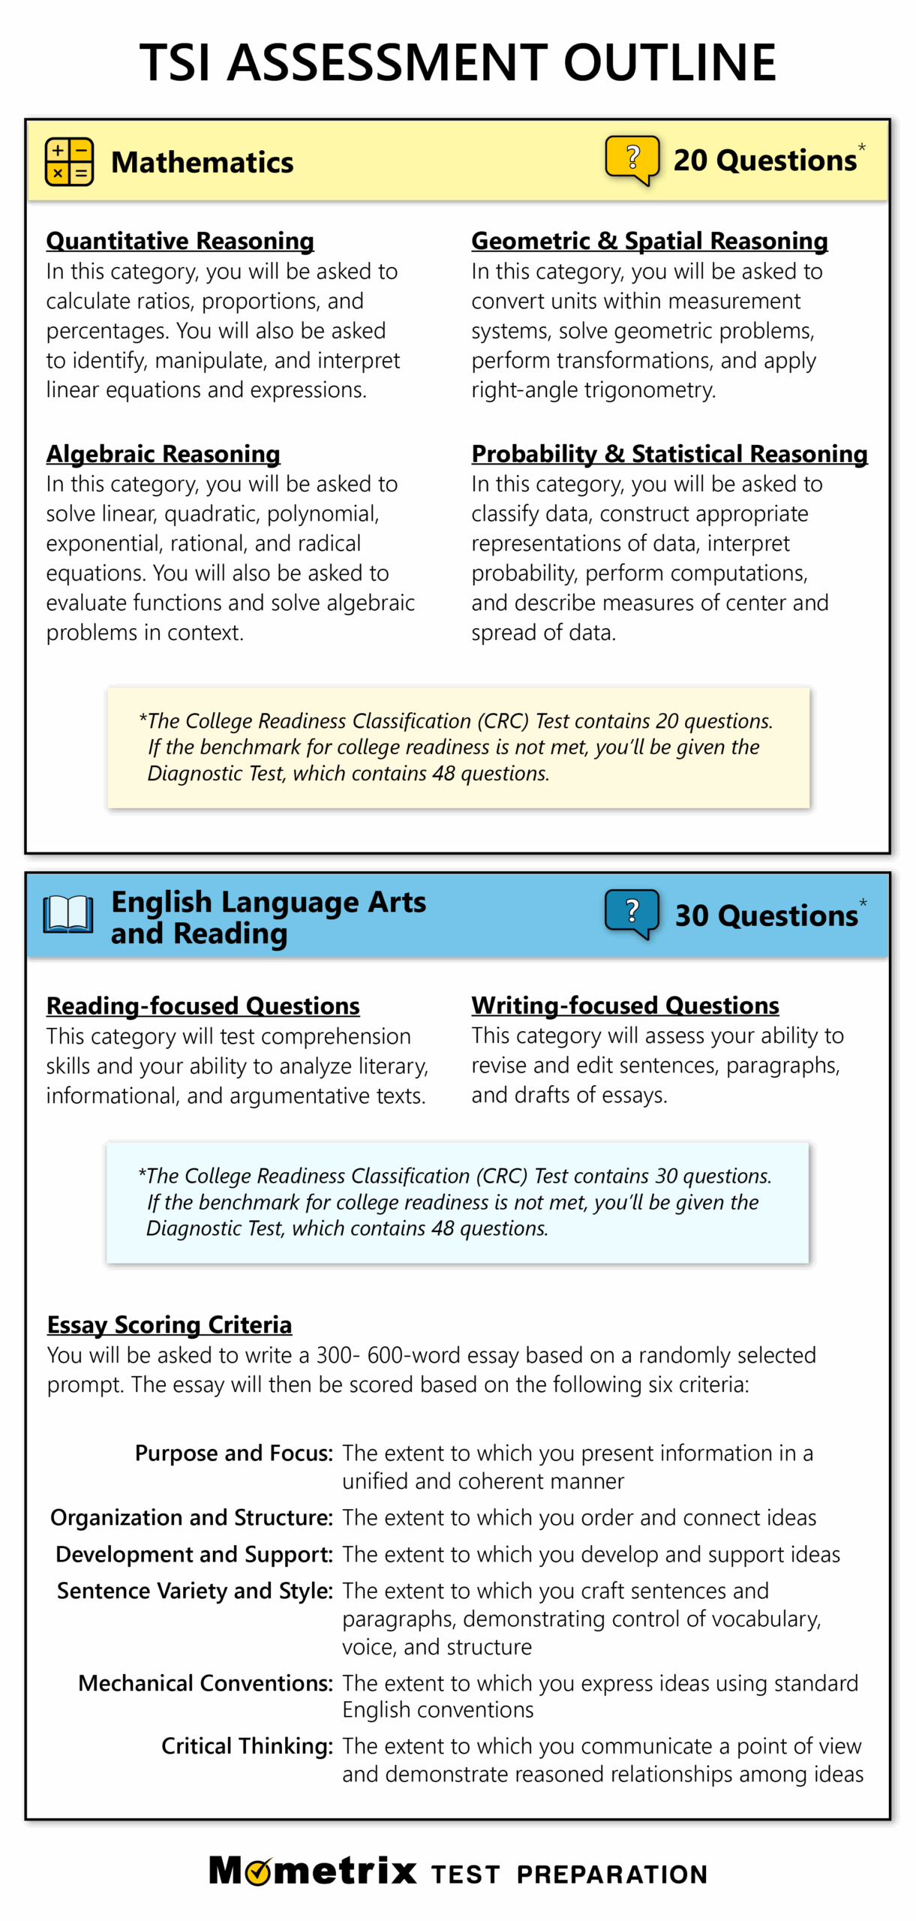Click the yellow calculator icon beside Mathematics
click(x=69, y=161)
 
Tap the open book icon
click(x=68, y=915)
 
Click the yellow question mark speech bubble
click(x=632, y=158)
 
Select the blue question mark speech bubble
click(x=632, y=912)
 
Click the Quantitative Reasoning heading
click(x=180, y=241)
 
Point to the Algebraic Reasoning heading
click(x=163, y=454)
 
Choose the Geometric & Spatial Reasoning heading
click(x=649, y=241)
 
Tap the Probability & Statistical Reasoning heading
click(x=669, y=454)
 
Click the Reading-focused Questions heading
click(x=203, y=1006)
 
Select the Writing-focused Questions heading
click(x=625, y=1005)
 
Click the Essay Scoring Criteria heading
click(x=170, y=1324)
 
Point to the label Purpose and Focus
click(x=233, y=1453)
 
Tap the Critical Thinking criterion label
click(x=247, y=1746)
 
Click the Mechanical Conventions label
click(x=205, y=1683)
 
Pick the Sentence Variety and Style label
click(x=194, y=1591)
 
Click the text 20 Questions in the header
click(x=764, y=161)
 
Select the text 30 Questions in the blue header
click(x=766, y=915)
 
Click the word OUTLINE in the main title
click(x=669, y=62)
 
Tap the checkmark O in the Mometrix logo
click(x=258, y=1871)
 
